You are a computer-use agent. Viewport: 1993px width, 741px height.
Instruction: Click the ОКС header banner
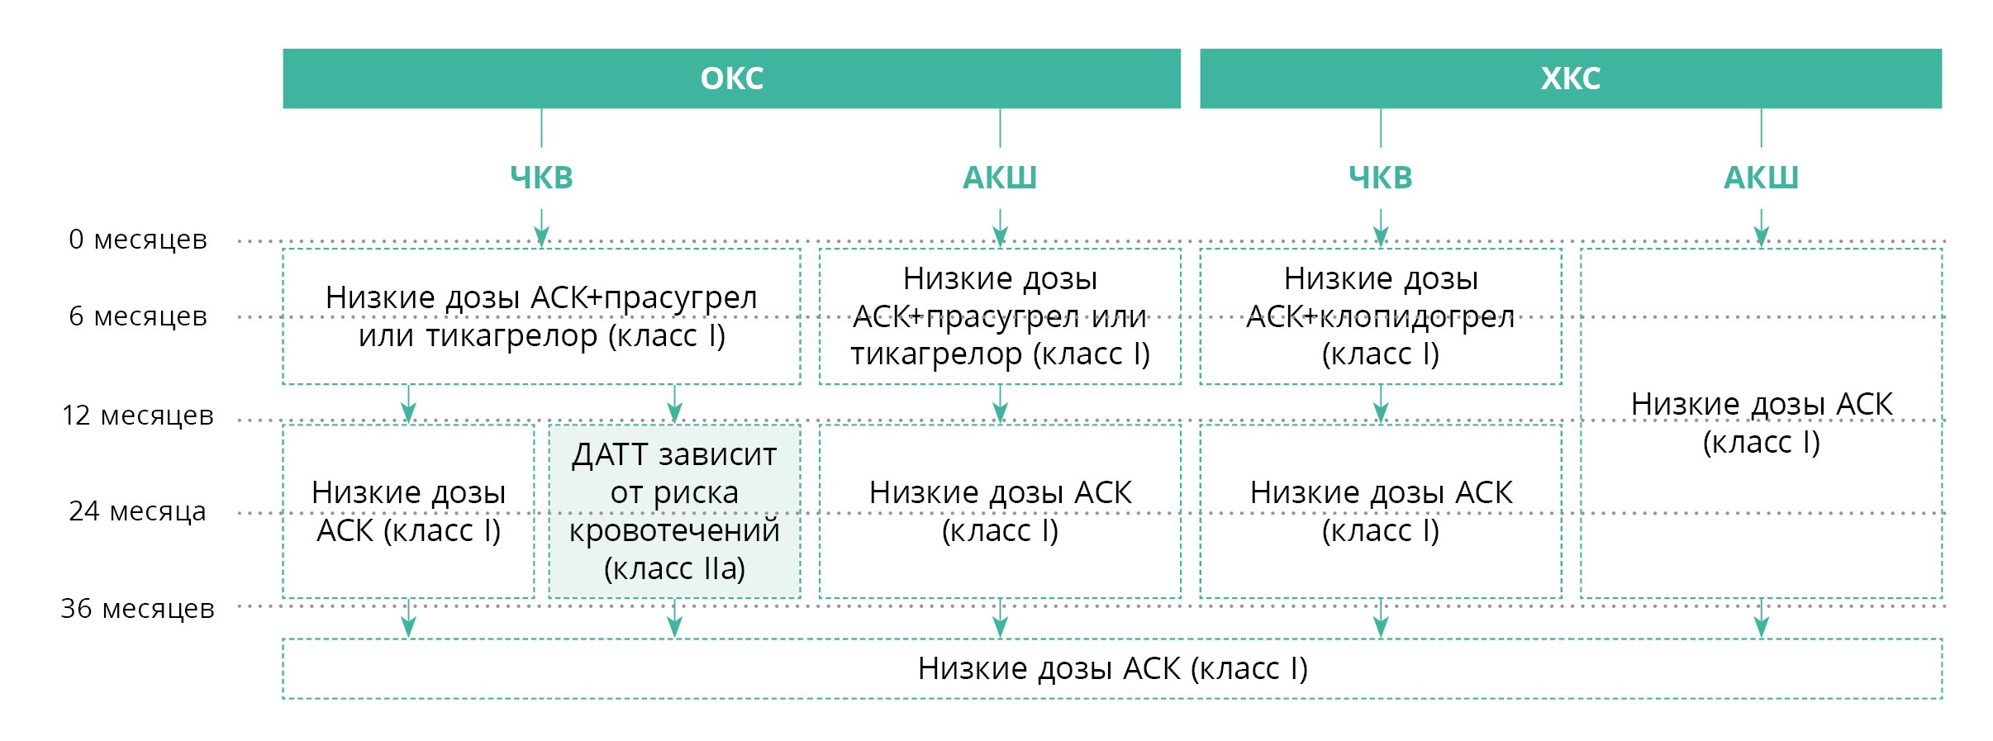click(731, 78)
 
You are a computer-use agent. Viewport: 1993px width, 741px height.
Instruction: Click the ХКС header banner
click(1571, 78)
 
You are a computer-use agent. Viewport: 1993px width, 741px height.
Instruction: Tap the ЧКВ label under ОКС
click(541, 178)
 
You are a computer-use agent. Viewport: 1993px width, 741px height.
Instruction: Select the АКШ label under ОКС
click(1000, 178)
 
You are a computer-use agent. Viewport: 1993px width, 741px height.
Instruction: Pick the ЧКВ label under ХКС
click(1381, 178)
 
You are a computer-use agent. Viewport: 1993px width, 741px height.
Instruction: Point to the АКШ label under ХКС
click(1761, 178)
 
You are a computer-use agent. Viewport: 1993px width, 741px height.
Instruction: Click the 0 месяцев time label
click(138, 240)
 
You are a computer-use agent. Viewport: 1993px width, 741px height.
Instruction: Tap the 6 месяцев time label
click(138, 316)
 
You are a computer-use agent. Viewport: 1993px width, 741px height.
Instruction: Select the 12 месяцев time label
click(138, 416)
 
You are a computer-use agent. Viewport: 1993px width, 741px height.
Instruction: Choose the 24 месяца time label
click(138, 511)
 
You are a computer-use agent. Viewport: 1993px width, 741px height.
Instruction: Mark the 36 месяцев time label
click(138, 609)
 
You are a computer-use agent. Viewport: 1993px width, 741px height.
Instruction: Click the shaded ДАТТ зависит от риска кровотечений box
click(674, 511)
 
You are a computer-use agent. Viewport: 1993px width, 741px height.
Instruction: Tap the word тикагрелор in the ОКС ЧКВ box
click(512, 336)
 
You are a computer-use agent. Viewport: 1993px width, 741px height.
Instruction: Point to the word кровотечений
click(674, 530)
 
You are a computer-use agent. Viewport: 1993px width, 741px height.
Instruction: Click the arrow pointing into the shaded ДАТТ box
click(674, 404)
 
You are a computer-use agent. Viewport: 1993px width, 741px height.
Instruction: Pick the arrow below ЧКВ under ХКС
click(1381, 227)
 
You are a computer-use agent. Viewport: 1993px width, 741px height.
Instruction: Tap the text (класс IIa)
click(674, 568)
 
